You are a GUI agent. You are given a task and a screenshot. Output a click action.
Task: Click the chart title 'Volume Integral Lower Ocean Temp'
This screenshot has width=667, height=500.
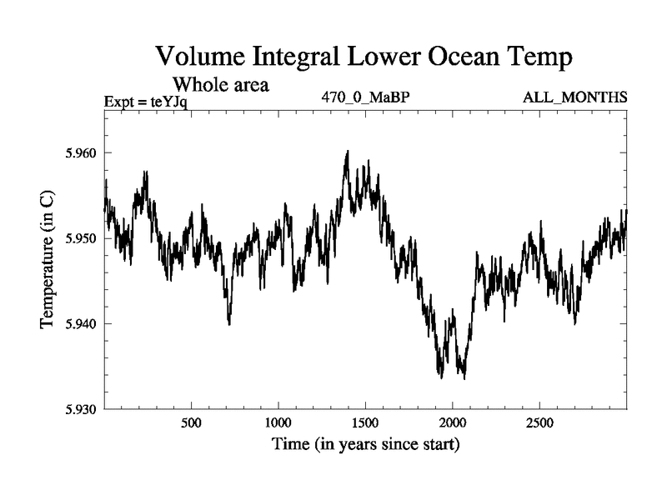pos(364,59)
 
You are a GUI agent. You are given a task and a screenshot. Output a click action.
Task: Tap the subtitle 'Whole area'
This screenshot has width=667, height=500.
pos(220,84)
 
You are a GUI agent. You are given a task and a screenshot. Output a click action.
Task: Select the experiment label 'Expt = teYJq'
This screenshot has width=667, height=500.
pos(146,102)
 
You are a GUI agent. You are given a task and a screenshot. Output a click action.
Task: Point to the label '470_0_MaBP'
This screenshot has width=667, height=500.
pos(365,97)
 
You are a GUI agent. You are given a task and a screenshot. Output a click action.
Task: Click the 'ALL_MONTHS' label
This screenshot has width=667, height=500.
pos(574,97)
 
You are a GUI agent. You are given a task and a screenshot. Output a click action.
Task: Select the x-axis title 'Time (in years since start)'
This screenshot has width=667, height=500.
pos(365,445)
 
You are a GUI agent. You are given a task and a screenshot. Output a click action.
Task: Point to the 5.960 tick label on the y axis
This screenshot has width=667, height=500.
pos(80,153)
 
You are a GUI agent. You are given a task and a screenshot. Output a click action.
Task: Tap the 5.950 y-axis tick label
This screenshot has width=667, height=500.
pos(80,238)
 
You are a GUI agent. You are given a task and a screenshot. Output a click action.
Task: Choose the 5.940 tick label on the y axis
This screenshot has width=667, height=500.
pos(80,323)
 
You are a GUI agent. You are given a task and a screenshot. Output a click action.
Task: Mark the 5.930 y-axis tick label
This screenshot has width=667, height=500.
pos(80,408)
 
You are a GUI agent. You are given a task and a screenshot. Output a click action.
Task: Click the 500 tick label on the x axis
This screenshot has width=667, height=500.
pos(192,423)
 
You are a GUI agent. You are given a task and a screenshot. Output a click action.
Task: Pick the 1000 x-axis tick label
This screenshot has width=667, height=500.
pos(278,423)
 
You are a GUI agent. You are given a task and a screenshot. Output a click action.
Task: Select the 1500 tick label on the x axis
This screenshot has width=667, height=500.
pos(365,423)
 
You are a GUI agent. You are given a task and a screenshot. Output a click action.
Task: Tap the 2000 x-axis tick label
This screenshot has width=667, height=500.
pos(452,423)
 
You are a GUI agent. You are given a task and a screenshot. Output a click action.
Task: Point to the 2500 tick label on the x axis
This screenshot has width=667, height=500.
pos(539,423)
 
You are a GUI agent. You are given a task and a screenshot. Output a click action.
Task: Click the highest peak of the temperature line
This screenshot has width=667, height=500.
pos(347,152)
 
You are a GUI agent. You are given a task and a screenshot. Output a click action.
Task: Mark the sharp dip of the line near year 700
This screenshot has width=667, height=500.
pos(228,323)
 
